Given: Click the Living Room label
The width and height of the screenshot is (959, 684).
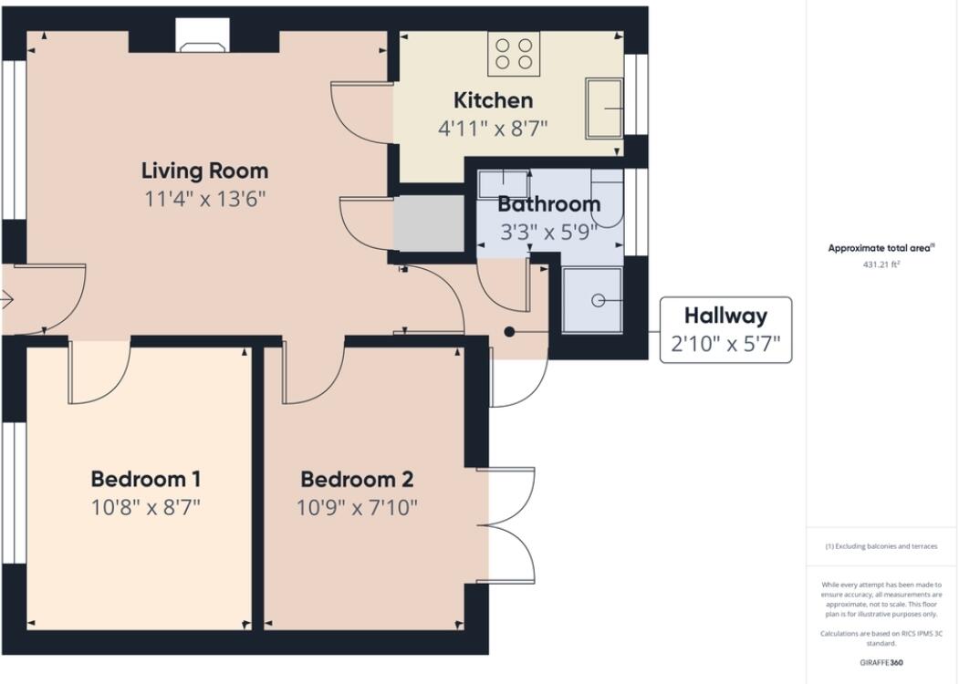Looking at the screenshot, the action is point(205,171).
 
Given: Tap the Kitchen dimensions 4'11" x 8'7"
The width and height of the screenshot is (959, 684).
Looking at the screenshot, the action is point(493,129).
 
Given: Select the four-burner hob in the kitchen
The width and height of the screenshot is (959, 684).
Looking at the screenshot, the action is point(514,54).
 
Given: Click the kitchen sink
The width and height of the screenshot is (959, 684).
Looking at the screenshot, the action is point(604,109).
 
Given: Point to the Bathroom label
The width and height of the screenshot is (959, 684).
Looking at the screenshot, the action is point(548,203).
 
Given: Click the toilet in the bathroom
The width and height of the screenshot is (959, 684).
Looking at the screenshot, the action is point(608,197).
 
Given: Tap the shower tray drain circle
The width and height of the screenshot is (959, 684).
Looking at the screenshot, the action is point(599,300).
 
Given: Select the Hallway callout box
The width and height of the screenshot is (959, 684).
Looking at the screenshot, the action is point(726,330).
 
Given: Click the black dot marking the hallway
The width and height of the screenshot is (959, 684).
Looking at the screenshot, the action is point(509,332).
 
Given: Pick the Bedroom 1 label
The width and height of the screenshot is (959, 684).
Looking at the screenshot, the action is point(146,479).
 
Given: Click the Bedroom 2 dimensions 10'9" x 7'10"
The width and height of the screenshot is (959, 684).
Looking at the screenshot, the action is point(357,507).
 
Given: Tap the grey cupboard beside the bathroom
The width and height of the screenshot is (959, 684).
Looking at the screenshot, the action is point(428,223).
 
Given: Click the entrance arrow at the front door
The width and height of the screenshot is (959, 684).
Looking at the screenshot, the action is point(6,300).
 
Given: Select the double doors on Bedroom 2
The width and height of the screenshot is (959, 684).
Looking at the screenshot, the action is point(506,525).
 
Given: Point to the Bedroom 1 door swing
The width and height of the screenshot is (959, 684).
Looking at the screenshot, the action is point(100,372).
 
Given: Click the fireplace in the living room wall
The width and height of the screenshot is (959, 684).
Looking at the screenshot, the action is point(203,36).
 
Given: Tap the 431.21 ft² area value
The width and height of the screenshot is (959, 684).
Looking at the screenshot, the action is point(881,264).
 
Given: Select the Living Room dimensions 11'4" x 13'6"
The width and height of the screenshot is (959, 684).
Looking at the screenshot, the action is point(205,199).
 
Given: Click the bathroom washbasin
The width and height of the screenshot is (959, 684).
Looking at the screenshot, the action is point(504,183).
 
